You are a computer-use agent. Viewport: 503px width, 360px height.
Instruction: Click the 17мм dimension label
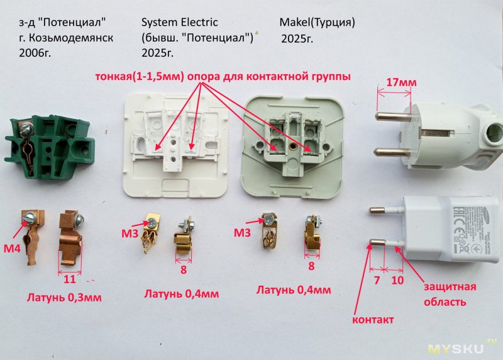click(402, 83)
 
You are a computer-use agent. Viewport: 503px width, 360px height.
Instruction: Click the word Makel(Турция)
click(317, 23)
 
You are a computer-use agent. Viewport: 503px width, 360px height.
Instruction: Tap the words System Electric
click(180, 23)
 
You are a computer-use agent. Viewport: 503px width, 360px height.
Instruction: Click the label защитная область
click(449, 294)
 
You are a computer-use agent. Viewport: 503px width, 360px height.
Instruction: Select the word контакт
click(373, 320)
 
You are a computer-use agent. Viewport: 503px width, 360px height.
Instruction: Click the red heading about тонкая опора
click(223, 77)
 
